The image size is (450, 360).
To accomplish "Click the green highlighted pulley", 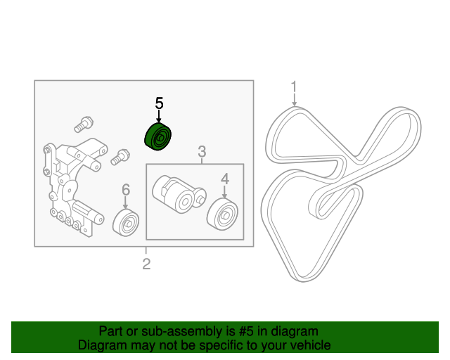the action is [x=157, y=136].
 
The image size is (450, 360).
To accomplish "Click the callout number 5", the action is [x=159, y=103].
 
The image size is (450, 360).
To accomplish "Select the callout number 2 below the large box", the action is [x=146, y=264].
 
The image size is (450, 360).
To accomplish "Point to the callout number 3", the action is [x=202, y=151].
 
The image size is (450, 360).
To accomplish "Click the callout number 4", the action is [x=225, y=179].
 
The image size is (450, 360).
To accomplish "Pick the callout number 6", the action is [x=126, y=190].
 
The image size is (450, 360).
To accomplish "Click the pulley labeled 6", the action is [x=126, y=223].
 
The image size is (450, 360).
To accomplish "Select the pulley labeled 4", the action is [x=222, y=214].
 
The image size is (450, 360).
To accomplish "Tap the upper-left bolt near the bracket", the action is [x=84, y=124].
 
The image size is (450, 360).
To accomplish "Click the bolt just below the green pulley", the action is [x=120, y=157].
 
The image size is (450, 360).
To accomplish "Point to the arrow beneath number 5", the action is [x=159, y=117].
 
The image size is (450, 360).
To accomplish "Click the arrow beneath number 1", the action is [x=294, y=100].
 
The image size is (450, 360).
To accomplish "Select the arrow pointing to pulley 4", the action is [x=224, y=192].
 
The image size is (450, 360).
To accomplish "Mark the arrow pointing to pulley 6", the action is [x=125, y=202].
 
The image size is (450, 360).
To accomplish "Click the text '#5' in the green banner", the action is [x=245, y=331].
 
